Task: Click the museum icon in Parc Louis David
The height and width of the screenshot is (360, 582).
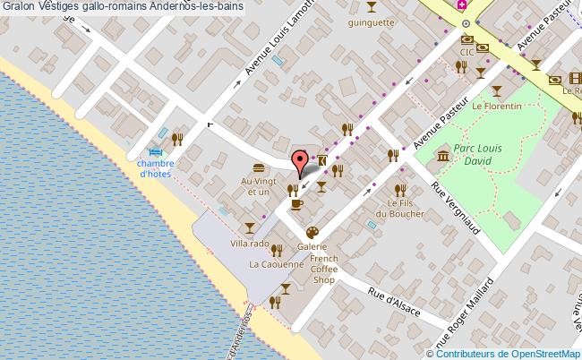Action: click(x=443, y=158)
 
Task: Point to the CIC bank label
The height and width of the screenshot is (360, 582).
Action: click(x=466, y=53)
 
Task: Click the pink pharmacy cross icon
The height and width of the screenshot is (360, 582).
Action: click(x=462, y=5)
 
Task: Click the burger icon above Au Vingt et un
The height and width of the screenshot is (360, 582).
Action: click(x=259, y=167)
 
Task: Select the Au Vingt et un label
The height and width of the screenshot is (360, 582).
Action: click(x=255, y=186)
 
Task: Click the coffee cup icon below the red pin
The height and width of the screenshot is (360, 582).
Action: click(x=296, y=205)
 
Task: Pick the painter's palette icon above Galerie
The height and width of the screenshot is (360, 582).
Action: click(x=312, y=232)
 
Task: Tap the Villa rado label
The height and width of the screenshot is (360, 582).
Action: click(x=250, y=244)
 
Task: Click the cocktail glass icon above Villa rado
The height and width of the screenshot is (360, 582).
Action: click(x=249, y=227)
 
